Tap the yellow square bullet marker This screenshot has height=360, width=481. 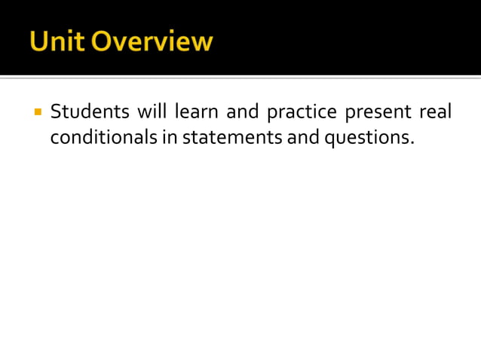(37, 113)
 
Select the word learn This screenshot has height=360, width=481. (195, 112)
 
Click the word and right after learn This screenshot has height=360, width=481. (242, 112)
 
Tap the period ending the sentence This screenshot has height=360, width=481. (412, 144)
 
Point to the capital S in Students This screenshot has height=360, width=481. (56, 112)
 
